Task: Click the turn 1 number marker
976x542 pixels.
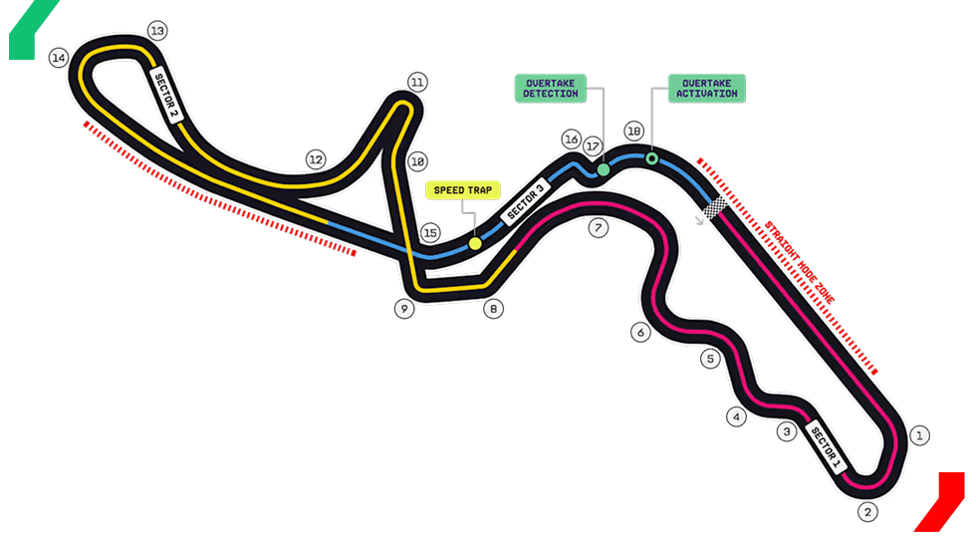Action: (x=920, y=435)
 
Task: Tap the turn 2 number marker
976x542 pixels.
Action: (x=867, y=512)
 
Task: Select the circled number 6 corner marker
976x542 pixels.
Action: (x=640, y=333)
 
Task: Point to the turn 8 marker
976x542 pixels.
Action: (x=493, y=309)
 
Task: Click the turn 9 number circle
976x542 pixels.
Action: (x=403, y=309)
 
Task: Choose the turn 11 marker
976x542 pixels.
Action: (x=417, y=83)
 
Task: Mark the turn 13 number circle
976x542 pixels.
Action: (x=156, y=31)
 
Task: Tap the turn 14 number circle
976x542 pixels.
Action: (x=59, y=59)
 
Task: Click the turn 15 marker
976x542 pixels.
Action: (x=429, y=233)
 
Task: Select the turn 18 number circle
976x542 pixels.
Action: (x=633, y=132)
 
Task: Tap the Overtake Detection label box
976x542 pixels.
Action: (x=550, y=87)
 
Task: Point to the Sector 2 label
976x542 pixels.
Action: (x=164, y=94)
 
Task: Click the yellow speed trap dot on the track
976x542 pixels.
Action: (x=475, y=242)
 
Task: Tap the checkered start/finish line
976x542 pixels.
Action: (x=714, y=208)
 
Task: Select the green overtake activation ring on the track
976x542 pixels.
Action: (x=651, y=157)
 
